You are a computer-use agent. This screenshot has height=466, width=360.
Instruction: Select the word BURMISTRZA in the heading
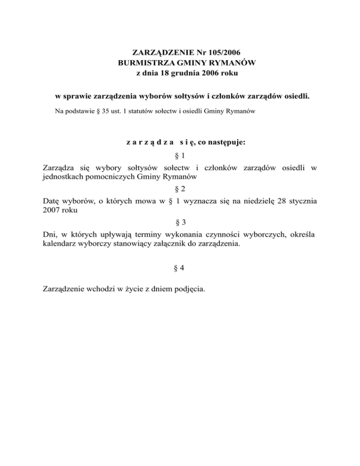[x=141, y=62]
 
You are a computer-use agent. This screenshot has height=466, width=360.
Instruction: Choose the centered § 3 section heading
[x=180, y=221]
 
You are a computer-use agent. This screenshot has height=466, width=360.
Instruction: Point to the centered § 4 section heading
[x=180, y=269]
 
